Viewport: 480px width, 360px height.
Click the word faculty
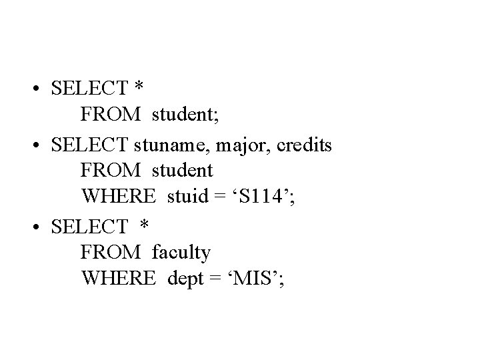click(181, 252)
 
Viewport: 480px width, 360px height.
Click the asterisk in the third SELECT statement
click(144, 225)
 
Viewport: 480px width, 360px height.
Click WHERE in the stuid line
click(119, 197)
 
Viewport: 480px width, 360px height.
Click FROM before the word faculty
click(111, 252)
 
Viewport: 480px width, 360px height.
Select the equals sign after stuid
click(219, 198)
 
